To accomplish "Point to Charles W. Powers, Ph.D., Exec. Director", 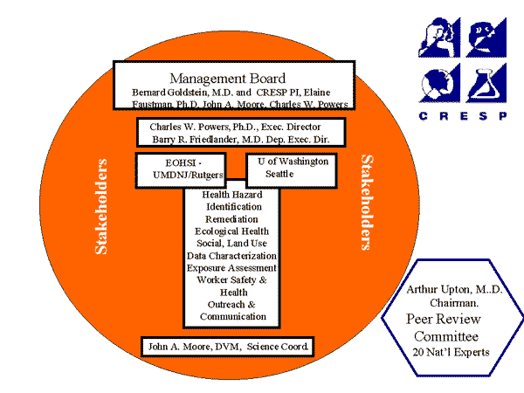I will click(x=240, y=127).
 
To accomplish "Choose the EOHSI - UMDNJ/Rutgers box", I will click(x=180, y=170).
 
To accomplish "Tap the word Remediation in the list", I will click(x=231, y=218).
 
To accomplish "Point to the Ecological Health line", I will click(x=231, y=231).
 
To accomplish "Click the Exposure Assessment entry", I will click(x=231, y=267).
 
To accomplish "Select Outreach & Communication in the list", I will click(x=231, y=310).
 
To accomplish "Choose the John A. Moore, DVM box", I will click(x=227, y=347).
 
